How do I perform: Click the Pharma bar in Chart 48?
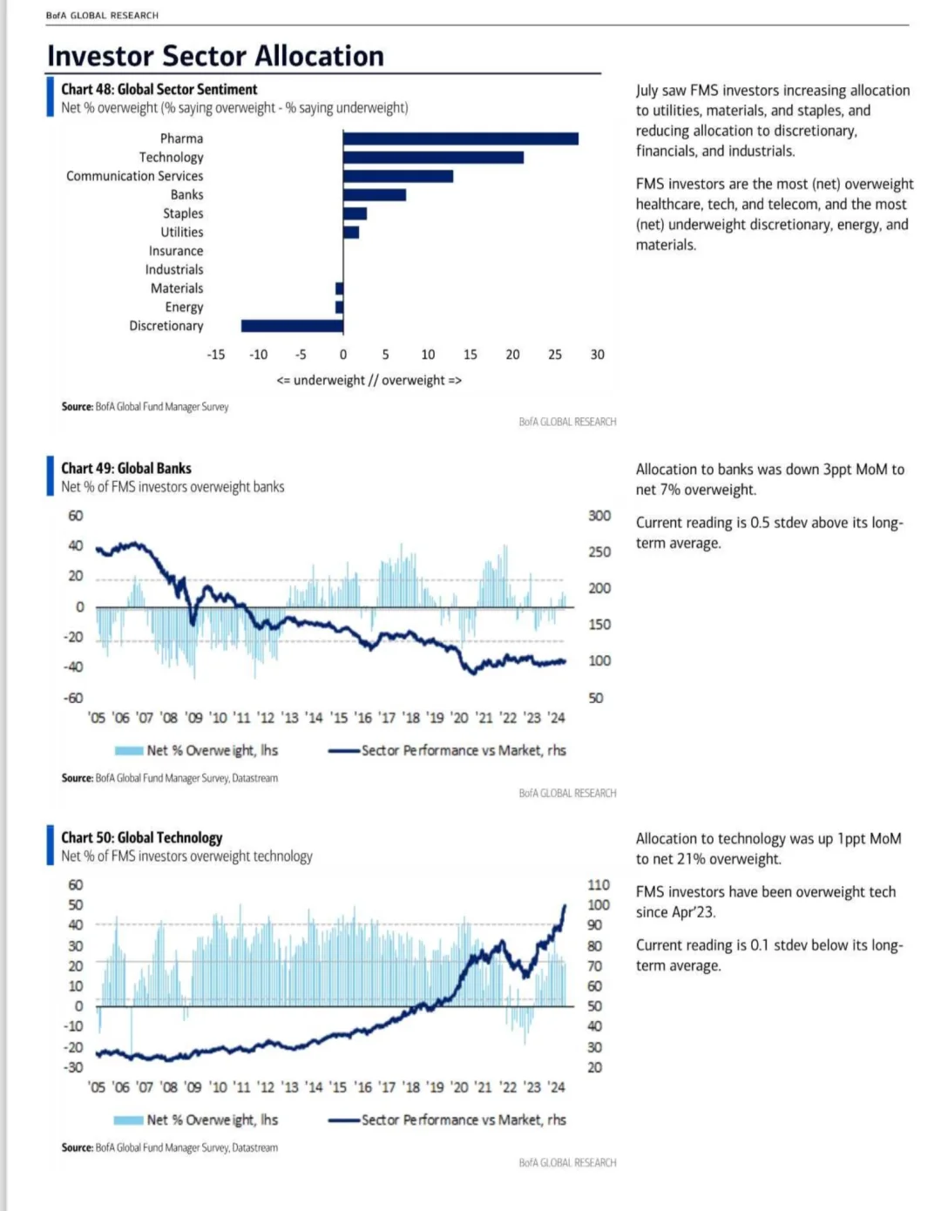[x=461, y=139]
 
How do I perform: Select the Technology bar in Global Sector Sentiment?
[x=433, y=158]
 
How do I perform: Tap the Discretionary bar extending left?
[x=293, y=326]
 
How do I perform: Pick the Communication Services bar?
[x=398, y=176]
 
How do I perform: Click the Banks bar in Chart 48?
[x=375, y=195]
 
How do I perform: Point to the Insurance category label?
[x=175, y=251]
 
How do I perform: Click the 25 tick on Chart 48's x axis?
[x=555, y=355]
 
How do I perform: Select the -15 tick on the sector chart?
[x=215, y=355]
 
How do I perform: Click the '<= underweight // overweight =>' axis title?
[x=369, y=380]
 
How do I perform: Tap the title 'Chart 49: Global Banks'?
[x=126, y=468]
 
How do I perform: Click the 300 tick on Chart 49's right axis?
[x=599, y=516]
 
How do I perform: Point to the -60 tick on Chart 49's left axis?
[x=72, y=698]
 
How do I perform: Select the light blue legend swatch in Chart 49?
[x=129, y=751]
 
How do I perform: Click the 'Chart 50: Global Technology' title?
[x=141, y=837]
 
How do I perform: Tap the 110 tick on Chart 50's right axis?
[x=599, y=885]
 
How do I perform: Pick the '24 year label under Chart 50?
[x=557, y=1086]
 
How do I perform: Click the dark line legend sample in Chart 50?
[x=344, y=1120]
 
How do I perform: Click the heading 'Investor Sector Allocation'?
[x=215, y=56]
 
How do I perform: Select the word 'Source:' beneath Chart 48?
[x=78, y=407]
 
